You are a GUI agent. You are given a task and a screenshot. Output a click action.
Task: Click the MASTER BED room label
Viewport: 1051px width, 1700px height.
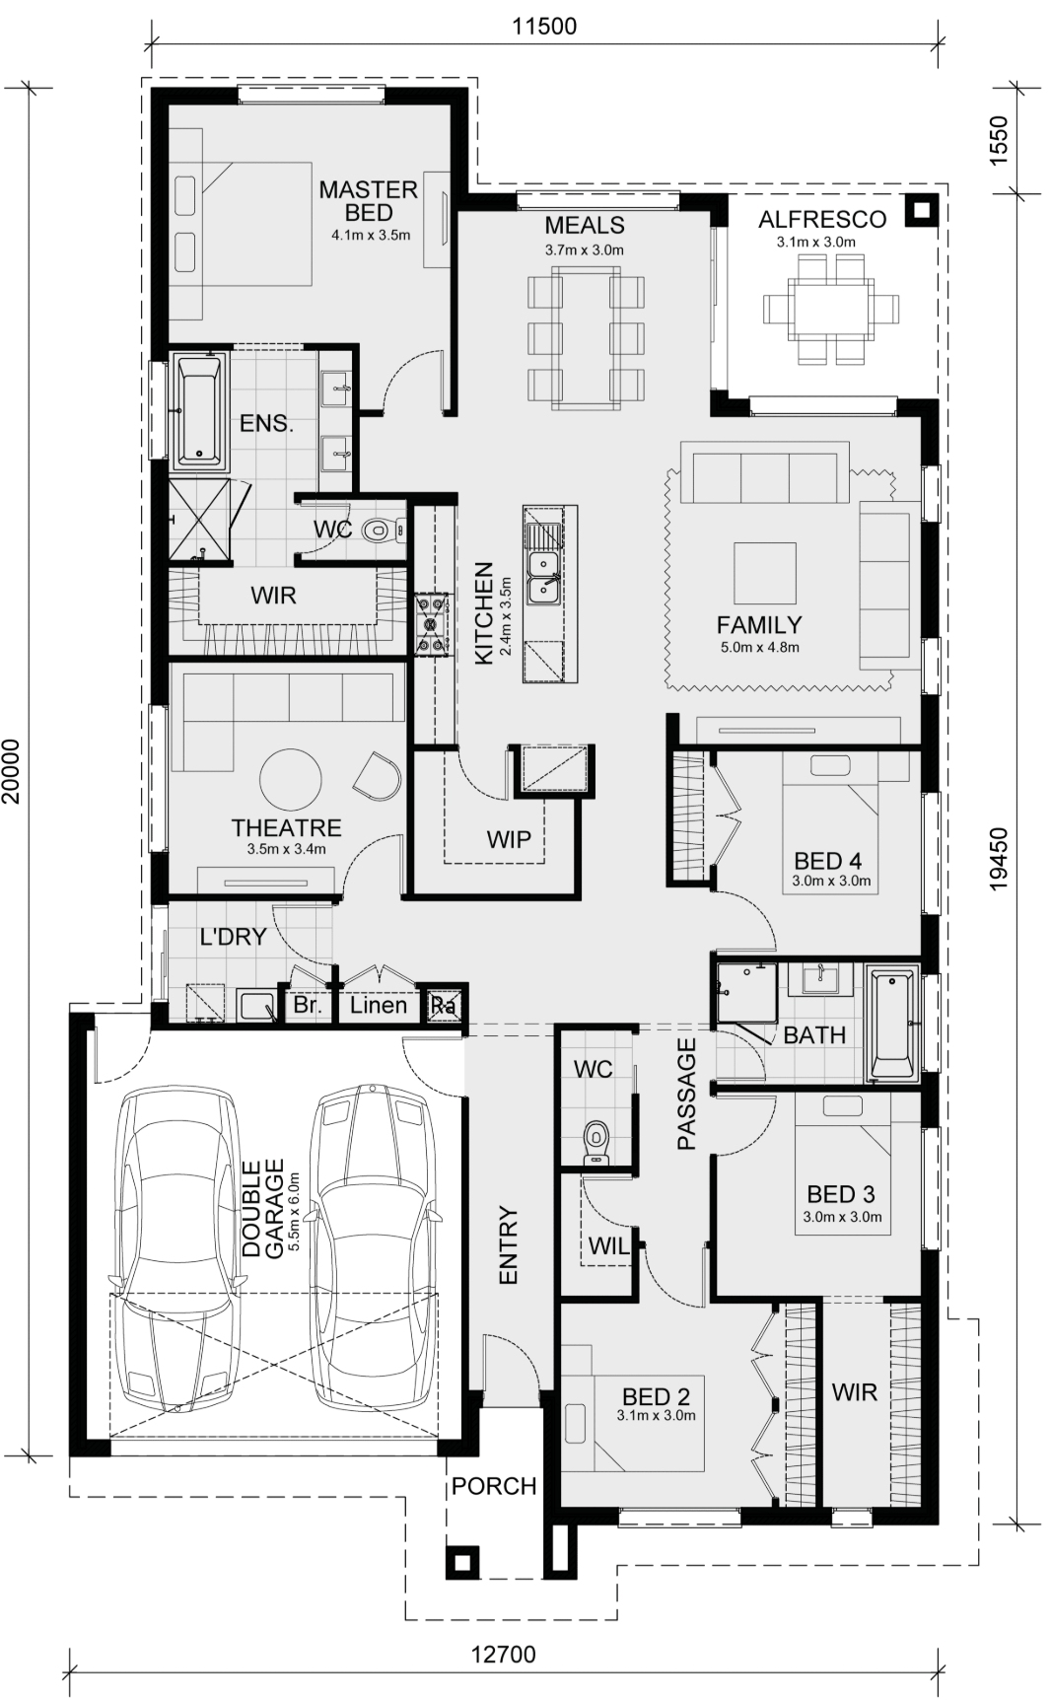pyautogui.click(x=369, y=200)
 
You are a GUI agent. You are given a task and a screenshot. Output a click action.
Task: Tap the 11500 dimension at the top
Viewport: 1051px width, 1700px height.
pyautogui.click(x=544, y=26)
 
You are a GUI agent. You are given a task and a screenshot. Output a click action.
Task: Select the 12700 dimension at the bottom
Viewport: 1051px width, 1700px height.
pyautogui.click(x=503, y=1654)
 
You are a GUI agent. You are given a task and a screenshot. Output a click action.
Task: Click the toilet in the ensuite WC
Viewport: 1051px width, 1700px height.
pyautogui.click(x=382, y=531)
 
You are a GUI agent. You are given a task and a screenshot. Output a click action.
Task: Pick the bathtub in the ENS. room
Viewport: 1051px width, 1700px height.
pyautogui.click(x=199, y=412)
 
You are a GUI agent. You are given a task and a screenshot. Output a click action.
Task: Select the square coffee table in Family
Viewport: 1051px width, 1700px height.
pyautogui.click(x=764, y=573)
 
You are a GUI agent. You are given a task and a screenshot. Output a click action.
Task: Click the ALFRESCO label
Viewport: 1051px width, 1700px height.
pyautogui.click(x=822, y=219)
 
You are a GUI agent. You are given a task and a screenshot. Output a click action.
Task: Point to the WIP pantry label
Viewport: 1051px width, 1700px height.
pyautogui.click(x=509, y=839)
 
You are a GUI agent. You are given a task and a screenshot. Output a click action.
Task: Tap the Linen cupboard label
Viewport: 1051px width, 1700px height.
pyautogui.click(x=379, y=1005)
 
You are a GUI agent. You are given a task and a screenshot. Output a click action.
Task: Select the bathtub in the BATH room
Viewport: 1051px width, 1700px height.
pyautogui.click(x=892, y=1026)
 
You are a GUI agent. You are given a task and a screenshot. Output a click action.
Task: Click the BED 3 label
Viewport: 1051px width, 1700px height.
pyautogui.click(x=841, y=1194)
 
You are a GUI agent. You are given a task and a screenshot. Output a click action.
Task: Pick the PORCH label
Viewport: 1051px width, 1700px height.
pyautogui.click(x=494, y=1486)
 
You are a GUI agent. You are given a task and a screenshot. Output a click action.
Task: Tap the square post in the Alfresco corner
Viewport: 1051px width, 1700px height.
pyautogui.click(x=921, y=210)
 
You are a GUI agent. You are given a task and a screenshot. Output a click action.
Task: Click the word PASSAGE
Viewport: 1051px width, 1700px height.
pyautogui.click(x=687, y=1095)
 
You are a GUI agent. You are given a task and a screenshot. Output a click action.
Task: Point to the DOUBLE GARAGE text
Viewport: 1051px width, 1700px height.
pyautogui.click(x=263, y=1209)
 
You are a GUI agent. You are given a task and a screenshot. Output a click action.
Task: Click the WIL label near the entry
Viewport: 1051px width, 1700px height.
pyautogui.click(x=608, y=1246)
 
